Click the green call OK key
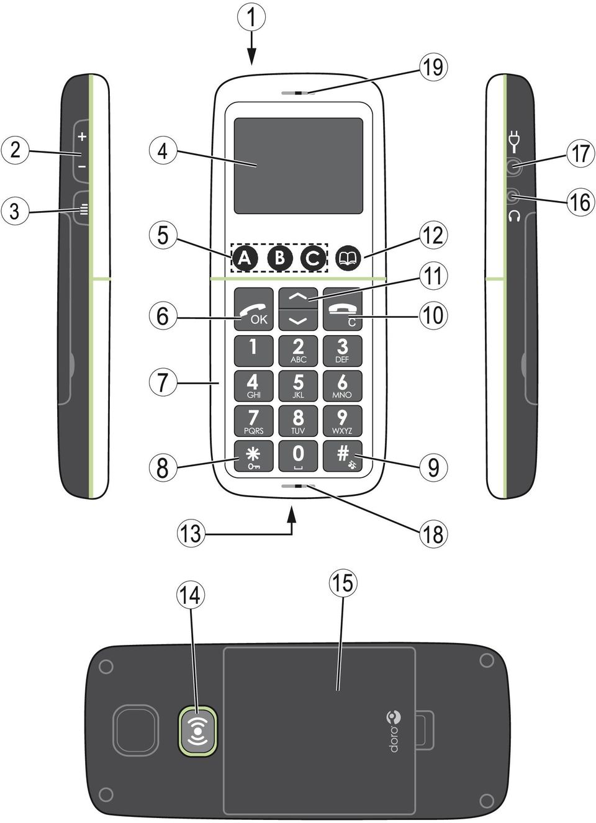click(254, 309)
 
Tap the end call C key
click(343, 309)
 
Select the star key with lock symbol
click(254, 456)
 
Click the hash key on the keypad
click(343, 456)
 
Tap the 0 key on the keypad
click(298, 456)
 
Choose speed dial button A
click(245, 258)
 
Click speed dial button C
click(313, 258)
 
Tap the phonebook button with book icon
click(348, 258)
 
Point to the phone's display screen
click(299, 166)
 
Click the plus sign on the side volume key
click(83, 137)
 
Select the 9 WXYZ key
click(343, 421)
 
